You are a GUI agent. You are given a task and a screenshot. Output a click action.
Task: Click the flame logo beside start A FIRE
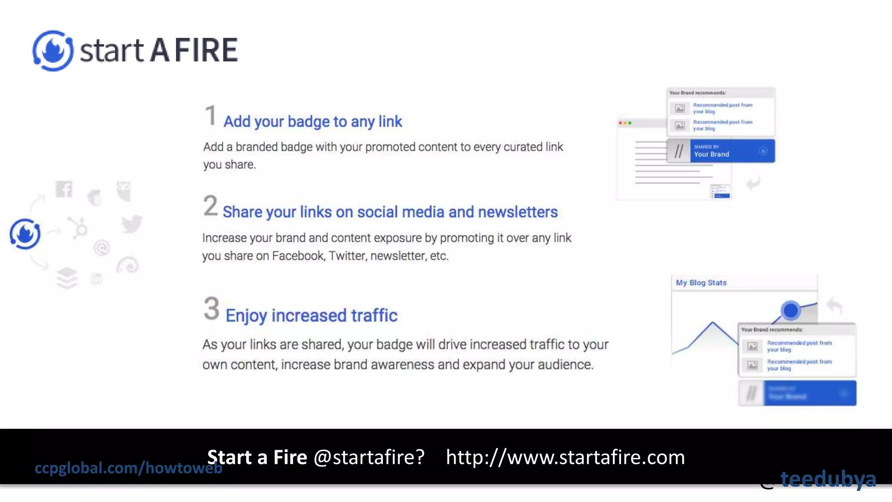click(x=53, y=51)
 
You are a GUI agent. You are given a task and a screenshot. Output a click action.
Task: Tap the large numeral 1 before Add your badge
click(x=210, y=116)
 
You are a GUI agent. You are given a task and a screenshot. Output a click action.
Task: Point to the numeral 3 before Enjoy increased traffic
click(x=212, y=309)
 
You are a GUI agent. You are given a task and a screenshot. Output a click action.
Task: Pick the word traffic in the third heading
click(x=374, y=315)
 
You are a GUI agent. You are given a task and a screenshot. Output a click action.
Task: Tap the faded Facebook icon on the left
click(x=64, y=189)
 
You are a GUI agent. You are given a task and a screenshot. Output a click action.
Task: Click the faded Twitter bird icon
click(x=132, y=224)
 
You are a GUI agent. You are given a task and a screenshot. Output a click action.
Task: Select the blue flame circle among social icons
click(x=25, y=234)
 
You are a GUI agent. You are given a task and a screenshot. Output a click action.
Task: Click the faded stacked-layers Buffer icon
click(x=67, y=278)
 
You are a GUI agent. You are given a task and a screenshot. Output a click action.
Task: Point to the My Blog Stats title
click(x=701, y=283)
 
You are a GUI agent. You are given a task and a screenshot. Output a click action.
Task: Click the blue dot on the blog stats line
click(x=790, y=311)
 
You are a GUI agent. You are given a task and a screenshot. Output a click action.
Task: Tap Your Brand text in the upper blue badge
click(x=711, y=154)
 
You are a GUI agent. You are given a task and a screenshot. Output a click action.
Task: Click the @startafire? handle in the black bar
click(x=369, y=457)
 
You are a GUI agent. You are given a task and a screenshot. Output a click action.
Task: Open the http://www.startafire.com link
click(x=565, y=457)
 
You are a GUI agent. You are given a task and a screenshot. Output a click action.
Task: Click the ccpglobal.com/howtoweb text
click(x=128, y=468)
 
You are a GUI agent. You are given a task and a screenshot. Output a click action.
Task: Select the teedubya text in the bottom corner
click(x=828, y=479)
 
